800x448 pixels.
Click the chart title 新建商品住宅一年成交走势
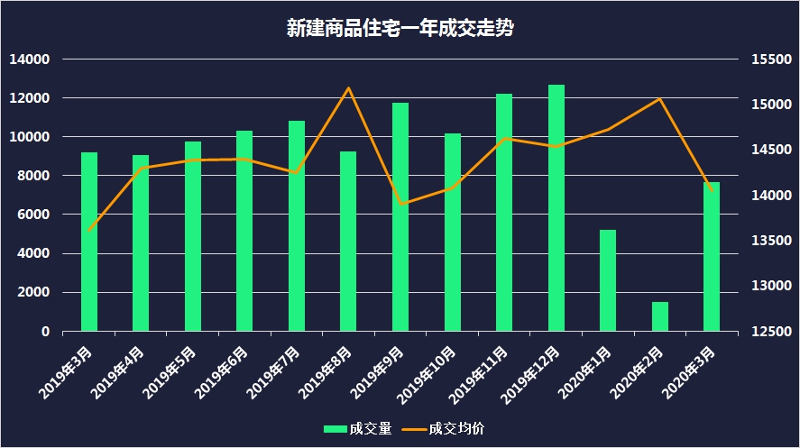400,27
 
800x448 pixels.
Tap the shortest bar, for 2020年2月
660,316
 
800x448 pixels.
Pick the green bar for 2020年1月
608,280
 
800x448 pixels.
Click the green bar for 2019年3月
89,242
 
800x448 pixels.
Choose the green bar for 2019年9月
400,217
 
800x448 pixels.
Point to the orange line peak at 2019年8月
349,88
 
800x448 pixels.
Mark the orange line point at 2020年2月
660,99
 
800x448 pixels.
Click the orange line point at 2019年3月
89,231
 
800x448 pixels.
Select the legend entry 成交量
359,428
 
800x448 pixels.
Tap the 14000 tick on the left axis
31,59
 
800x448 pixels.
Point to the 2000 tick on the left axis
35,292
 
